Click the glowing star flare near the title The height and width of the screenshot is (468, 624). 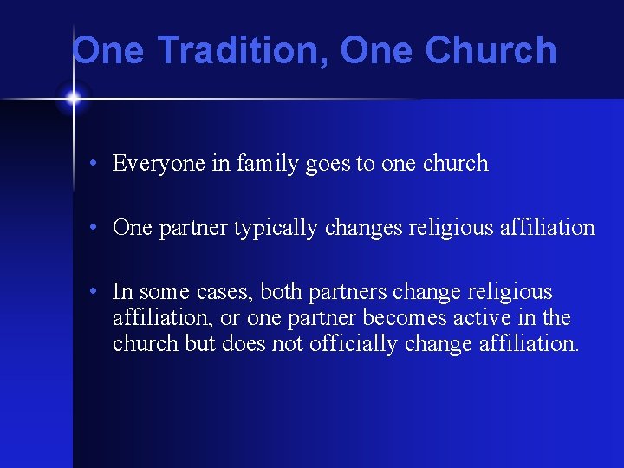pos(73,99)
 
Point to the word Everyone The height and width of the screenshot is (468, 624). pos(159,163)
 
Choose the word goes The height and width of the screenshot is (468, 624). pos(328,164)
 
